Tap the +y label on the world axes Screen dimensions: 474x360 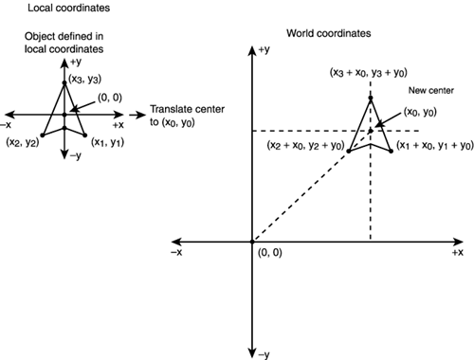coord(264,48)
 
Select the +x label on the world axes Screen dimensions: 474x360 coord(458,254)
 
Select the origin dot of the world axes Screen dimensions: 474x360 coord(251,242)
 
